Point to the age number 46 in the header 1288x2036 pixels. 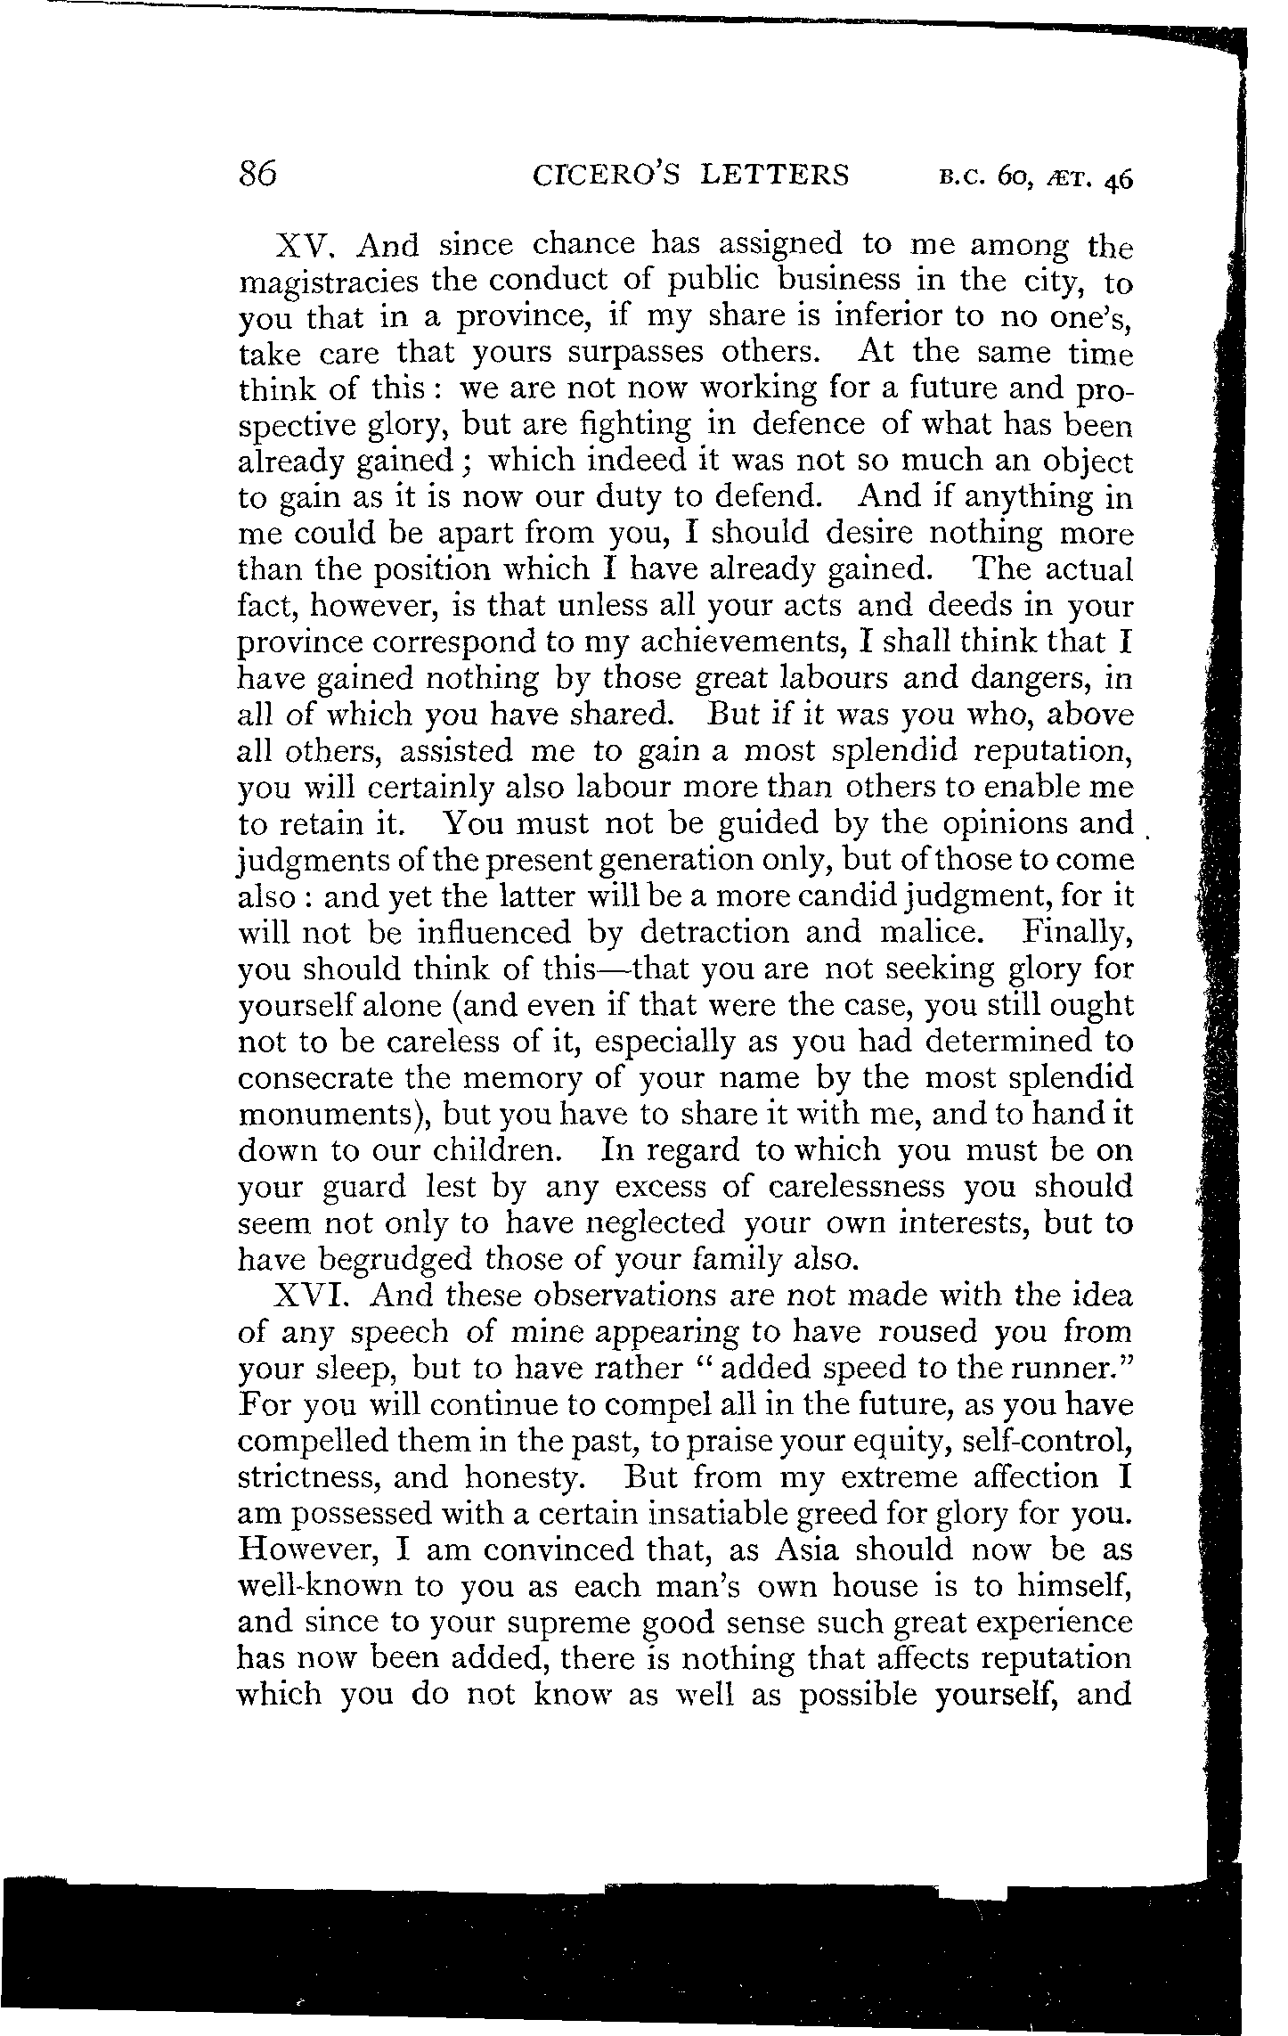tap(1116, 179)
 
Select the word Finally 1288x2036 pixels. tap(1076, 934)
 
